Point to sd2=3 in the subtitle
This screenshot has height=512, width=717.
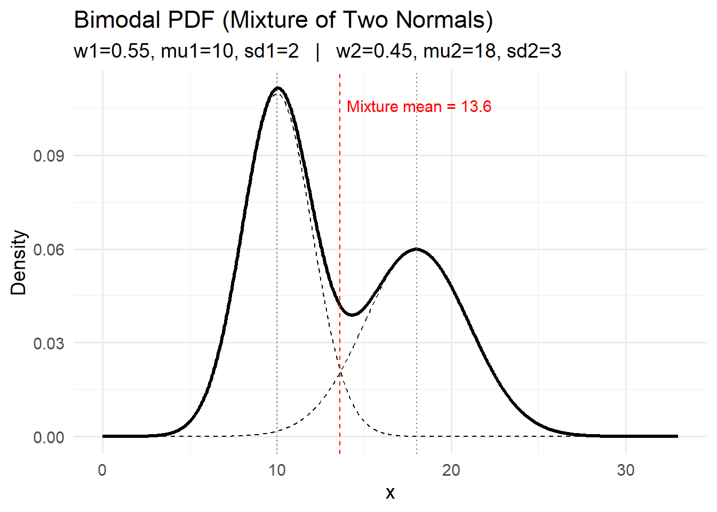(534, 51)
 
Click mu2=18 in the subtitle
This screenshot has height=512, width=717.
(459, 51)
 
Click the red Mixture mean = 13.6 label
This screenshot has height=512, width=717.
(419, 107)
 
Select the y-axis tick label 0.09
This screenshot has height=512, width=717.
(49, 156)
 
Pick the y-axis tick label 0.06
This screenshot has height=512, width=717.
(49, 250)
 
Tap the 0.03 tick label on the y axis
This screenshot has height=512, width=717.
(49, 343)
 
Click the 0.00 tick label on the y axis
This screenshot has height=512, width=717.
(49, 437)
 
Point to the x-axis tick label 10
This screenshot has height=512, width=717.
(277, 470)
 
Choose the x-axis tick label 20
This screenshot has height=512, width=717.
(451, 470)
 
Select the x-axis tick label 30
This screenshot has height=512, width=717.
(626, 470)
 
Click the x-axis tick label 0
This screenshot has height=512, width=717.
(102, 470)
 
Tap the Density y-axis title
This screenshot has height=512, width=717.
(19, 262)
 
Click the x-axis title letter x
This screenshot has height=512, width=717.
(390, 493)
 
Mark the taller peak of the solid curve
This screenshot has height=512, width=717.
(277, 88)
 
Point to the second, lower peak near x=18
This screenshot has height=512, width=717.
(416, 249)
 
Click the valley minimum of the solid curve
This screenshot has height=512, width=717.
(352, 315)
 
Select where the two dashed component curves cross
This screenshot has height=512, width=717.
(340, 373)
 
